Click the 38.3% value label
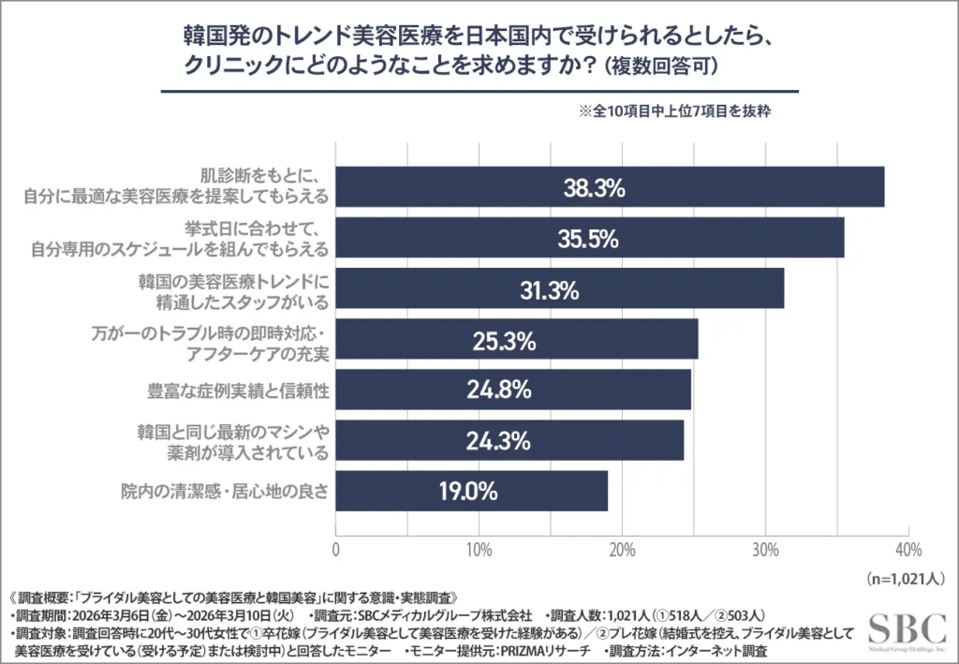click(x=594, y=187)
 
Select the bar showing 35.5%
click(x=590, y=238)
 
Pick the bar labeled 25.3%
click(x=516, y=340)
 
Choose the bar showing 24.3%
click(x=509, y=440)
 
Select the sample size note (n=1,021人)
click(x=907, y=578)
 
